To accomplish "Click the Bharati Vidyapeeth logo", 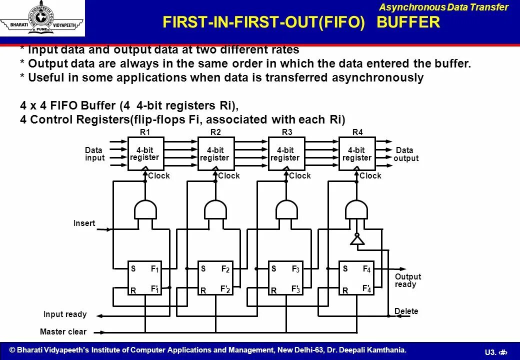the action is point(42,18).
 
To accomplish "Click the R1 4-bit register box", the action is point(145,153).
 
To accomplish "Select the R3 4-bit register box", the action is point(286,153).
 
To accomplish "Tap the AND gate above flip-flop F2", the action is point(215,209).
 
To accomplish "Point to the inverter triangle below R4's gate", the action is point(356,240).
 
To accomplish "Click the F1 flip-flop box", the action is point(145,277).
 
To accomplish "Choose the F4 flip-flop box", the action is point(357,277).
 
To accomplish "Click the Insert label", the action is point(84,223).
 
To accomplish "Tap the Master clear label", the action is point(63,331).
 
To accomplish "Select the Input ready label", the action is point(65,314).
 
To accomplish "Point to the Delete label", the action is point(406,311).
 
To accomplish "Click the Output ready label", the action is point(408,280).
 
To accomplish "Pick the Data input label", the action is point(94,154).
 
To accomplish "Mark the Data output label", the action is point(405,154).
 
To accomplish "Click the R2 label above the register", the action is point(215,132).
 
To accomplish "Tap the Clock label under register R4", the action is point(370,175).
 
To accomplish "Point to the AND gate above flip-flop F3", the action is point(286,209).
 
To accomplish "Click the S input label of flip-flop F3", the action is point(274,269).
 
